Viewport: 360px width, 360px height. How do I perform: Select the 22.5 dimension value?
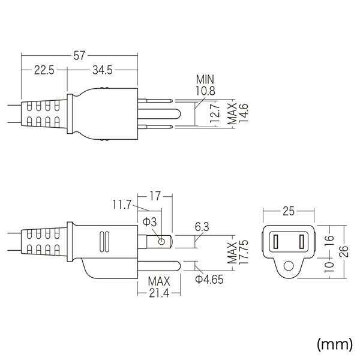pos(44,71)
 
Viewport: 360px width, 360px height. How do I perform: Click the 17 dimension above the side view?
pos(155,195)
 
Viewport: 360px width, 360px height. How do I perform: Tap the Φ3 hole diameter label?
pos(149,221)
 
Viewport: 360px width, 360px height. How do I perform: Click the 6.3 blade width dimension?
pos(202,227)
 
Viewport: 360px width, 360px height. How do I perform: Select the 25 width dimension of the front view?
pos(288,211)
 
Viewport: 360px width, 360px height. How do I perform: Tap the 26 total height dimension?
pos(344,251)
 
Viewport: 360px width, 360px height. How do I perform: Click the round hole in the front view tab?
pos(288,265)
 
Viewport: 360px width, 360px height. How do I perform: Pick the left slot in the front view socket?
pos(277,242)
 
